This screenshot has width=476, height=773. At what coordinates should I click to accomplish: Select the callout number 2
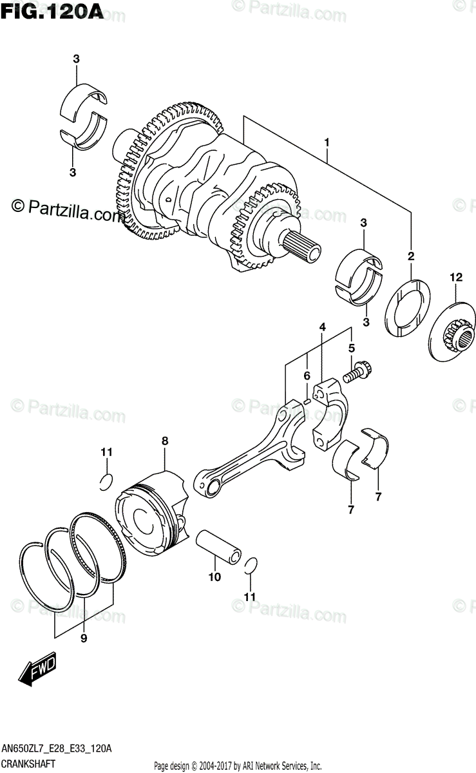(x=410, y=257)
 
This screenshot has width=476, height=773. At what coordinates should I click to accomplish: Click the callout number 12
(x=456, y=278)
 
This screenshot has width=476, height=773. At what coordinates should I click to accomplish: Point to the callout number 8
(x=164, y=441)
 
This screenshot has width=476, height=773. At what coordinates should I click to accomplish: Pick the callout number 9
(x=82, y=640)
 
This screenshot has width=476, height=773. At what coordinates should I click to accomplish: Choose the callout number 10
(x=214, y=577)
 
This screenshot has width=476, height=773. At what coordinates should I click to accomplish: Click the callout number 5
(x=351, y=348)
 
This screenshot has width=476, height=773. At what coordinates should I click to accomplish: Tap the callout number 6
(x=307, y=376)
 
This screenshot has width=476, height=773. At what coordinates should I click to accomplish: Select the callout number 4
(x=321, y=329)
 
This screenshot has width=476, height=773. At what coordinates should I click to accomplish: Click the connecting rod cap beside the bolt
(x=332, y=412)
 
